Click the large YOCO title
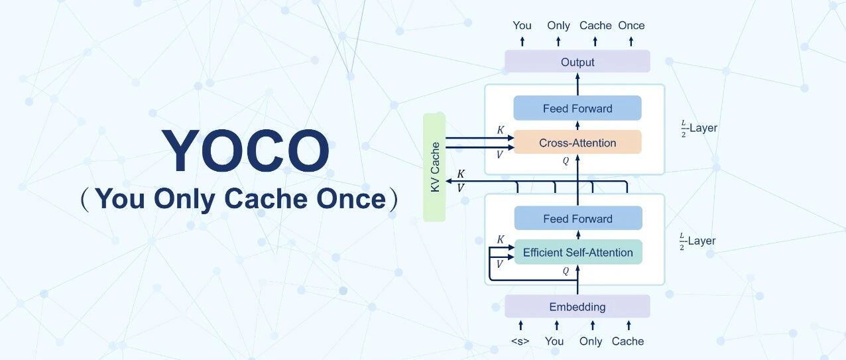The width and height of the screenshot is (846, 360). coord(245,150)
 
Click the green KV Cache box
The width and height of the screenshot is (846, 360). coord(434,167)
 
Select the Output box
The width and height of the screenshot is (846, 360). coord(577,62)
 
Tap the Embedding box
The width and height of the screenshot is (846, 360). coord(577,306)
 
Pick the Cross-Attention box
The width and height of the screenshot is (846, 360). coord(577,143)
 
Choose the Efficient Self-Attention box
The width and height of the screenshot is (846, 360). coord(578,252)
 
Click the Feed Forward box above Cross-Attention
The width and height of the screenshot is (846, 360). coord(577,108)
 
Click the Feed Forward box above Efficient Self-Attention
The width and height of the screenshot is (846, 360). coord(578,218)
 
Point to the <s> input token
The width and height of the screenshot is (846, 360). coord(520,341)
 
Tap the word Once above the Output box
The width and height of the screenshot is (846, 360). coord(631,25)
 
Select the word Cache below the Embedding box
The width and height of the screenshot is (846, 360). coord(628,341)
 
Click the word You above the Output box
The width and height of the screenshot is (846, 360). coord(522,25)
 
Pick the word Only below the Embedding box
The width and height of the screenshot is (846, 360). coord(591,341)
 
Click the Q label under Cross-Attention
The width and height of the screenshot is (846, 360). coord(566,161)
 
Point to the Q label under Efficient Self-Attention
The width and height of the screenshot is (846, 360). coord(566,271)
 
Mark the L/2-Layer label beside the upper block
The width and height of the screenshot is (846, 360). coord(699,129)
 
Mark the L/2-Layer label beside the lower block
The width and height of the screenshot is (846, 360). coord(697,241)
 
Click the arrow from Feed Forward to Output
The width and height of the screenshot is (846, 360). coord(577,84)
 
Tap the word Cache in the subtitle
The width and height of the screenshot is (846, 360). coord(265,199)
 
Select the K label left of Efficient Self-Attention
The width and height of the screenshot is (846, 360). coord(501,239)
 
